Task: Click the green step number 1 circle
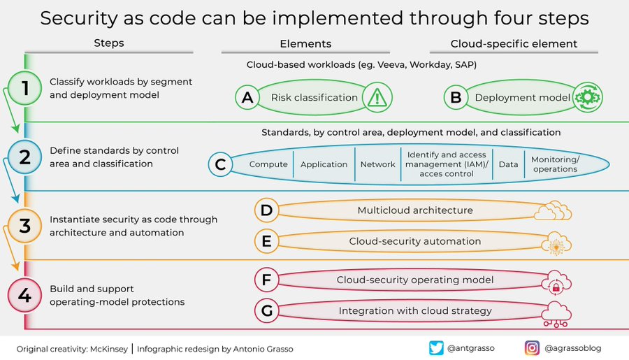click(26, 89)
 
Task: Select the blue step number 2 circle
click(26, 157)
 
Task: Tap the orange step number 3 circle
click(26, 226)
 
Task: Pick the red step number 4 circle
click(26, 295)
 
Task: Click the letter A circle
click(247, 99)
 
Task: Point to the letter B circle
click(456, 99)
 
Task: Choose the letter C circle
click(221, 165)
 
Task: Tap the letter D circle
click(266, 210)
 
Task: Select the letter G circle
click(266, 310)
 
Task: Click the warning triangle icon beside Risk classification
click(378, 98)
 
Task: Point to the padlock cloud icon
click(556, 282)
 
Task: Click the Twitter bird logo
click(437, 347)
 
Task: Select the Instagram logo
click(533, 347)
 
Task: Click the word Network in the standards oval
click(377, 165)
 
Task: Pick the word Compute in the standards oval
click(268, 165)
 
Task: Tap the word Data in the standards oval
click(508, 165)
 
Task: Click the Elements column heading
click(306, 43)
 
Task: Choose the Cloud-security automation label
click(415, 241)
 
